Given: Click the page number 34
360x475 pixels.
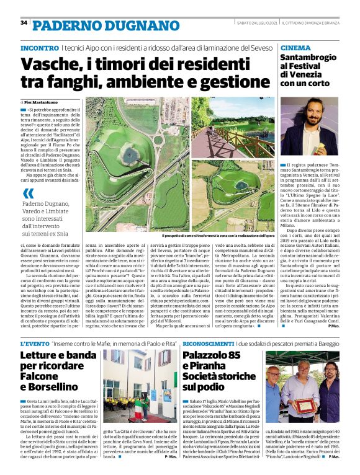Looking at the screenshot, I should pyautogui.click(x=24, y=23).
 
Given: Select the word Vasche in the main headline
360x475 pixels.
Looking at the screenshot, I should pyautogui.click(x=53, y=65).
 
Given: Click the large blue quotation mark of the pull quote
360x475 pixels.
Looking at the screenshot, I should pyautogui.click(x=27, y=193).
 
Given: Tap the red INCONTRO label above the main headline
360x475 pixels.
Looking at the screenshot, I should pyautogui.click(x=40, y=48).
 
